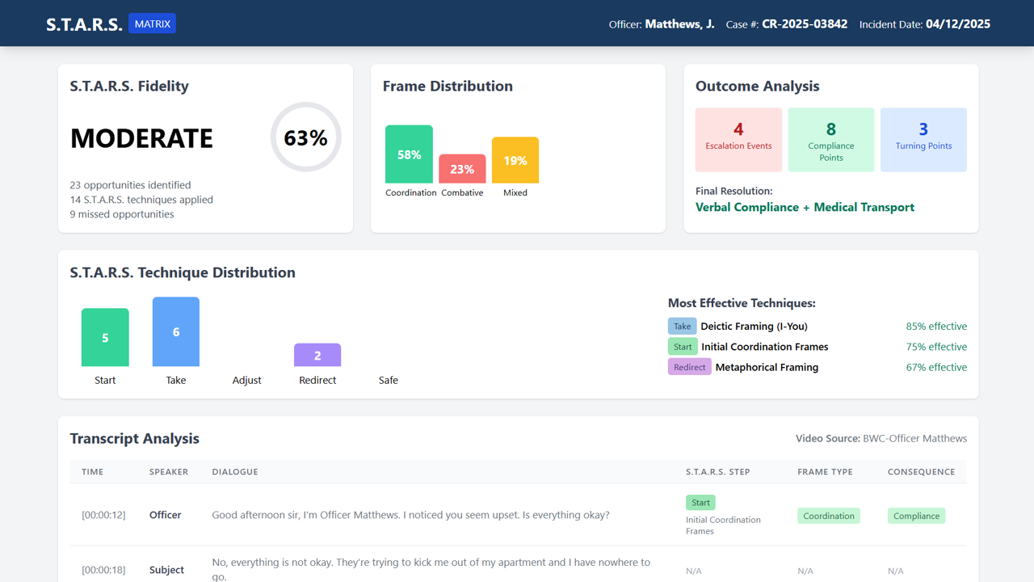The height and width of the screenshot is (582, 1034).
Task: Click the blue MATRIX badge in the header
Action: [152, 23]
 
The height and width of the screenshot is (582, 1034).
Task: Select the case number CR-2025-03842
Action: [805, 24]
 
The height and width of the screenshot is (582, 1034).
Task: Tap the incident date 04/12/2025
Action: [958, 24]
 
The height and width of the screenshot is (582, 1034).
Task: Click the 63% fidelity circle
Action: [305, 137]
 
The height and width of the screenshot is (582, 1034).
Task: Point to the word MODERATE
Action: [141, 138]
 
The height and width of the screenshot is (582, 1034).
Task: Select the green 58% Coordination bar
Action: [409, 154]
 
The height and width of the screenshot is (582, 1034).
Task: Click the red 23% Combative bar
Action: [462, 169]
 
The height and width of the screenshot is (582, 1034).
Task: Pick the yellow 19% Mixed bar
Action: [515, 160]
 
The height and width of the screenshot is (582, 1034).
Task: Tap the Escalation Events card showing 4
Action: [738, 139]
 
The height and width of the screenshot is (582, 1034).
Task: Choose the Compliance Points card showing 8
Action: [831, 139]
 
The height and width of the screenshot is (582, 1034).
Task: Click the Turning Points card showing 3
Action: [923, 139]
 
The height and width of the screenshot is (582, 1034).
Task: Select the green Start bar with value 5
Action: [105, 337]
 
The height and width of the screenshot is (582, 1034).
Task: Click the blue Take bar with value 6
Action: [176, 331]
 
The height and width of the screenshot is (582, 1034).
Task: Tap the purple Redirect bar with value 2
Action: [317, 355]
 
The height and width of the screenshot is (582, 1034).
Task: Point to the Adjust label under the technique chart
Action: [247, 380]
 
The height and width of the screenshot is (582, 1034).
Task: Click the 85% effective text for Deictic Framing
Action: [936, 327]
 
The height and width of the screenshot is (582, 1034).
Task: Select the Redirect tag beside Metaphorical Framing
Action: [689, 367]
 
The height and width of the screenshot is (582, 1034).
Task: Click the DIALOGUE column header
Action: [235, 471]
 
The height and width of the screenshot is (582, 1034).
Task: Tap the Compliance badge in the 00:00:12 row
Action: [916, 516]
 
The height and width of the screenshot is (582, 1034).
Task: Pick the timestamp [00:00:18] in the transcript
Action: [103, 570]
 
